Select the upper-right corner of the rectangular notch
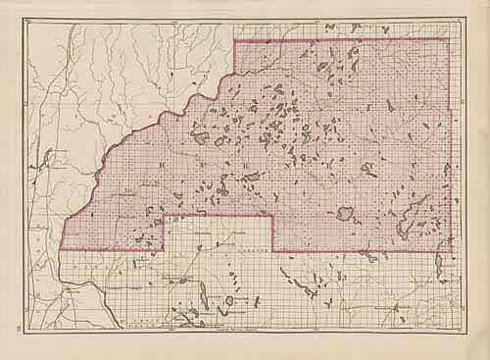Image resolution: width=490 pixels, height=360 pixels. (x=271, y=216)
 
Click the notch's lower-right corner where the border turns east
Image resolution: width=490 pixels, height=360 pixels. (x=272, y=251)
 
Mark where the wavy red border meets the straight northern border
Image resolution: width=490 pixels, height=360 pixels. (x=233, y=40)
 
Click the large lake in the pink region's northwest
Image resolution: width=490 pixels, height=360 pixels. (x=201, y=137)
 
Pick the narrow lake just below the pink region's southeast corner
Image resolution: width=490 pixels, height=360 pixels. (x=438, y=265)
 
